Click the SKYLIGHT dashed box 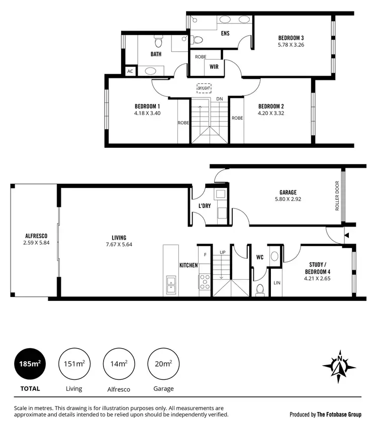pyautogui.click(x=204, y=87)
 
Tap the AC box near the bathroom pyautogui.click(x=130, y=71)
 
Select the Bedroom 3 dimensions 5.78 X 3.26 pyautogui.click(x=291, y=45)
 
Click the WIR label pyautogui.click(x=214, y=66)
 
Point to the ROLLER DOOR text pyautogui.click(x=338, y=196)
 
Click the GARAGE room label pyautogui.click(x=288, y=192)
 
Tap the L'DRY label pyautogui.click(x=204, y=206)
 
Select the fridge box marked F pyautogui.click(x=205, y=255)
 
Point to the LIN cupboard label pyautogui.click(x=276, y=283)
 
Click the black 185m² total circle pyautogui.click(x=30, y=364)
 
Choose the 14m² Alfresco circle pyautogui.click(x=119, y=364)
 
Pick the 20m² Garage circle pyautogui.click(x=163, y=364)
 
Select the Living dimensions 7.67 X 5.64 pyautogui.click(x=119, y=245)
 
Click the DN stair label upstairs pyautogui.click(x=219, y=99)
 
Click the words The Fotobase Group pyautogui.click(x=336, y=414)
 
